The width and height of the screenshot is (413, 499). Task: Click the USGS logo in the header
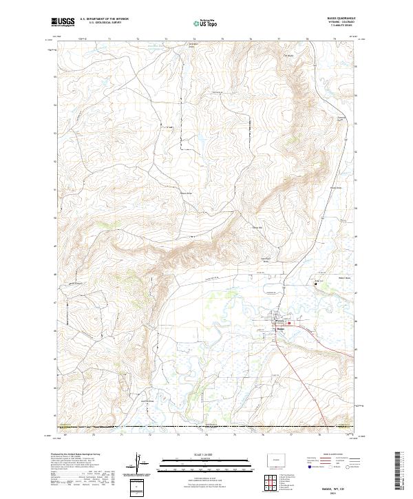tap(63, 23)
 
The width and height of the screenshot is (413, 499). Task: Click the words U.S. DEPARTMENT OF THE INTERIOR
tap(104, 19)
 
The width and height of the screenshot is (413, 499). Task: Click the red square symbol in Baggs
tap(289, 324)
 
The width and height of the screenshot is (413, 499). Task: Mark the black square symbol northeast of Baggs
tap(316, 284)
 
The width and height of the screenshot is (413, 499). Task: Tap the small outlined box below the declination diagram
tap(139, 487)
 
